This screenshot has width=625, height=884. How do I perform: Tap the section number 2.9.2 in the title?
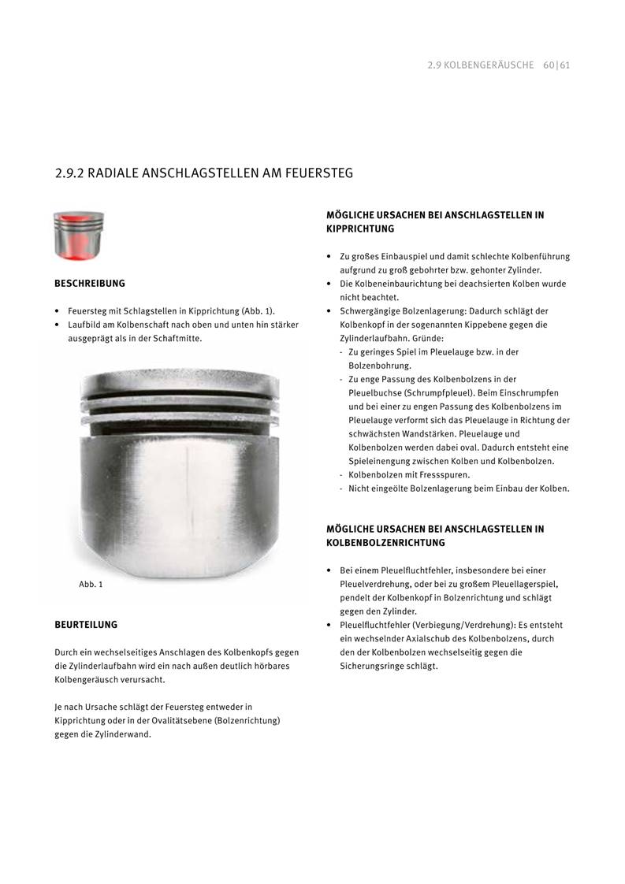point(69,173)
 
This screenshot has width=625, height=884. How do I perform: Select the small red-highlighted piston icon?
point(79,236)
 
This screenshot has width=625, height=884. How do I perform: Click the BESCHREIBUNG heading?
point(89,283)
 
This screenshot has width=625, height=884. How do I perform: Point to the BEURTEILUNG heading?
point(86,625)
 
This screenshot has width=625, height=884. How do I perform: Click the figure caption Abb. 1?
point(91,585)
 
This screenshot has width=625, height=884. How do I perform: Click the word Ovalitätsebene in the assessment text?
point(158,721)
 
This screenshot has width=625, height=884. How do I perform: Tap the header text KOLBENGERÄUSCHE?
point(489,65)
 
